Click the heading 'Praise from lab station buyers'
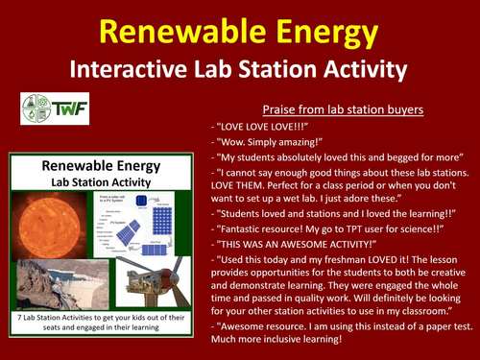click(342, 108)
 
